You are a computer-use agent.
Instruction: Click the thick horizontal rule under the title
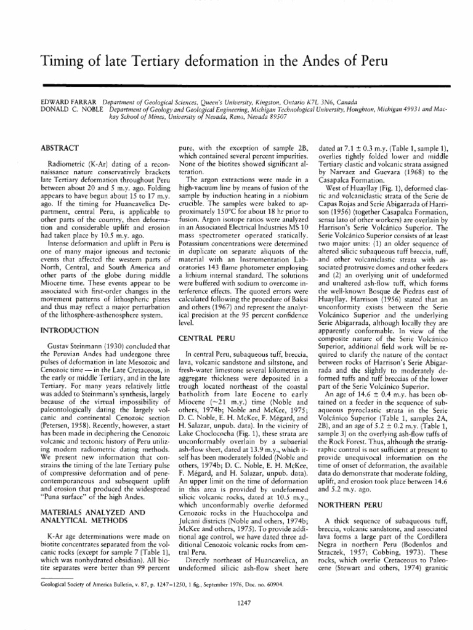pyautogui.click(x=236, y=84)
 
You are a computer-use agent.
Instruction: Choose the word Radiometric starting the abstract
pyautogui.click(x=69, y=165)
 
